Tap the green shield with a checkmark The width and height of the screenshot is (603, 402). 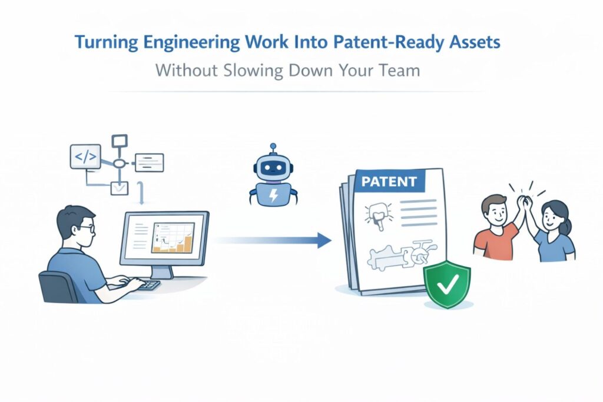coord(447,285)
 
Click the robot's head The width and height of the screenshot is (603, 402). coord(272,167)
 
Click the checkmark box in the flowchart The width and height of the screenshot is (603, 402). coord(119,188)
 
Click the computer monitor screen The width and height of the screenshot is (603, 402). coord(164,238)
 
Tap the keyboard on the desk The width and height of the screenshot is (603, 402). coord(148,285)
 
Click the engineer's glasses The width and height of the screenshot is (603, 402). coord(86,228)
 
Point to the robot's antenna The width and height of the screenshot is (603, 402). coord(272,147)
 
